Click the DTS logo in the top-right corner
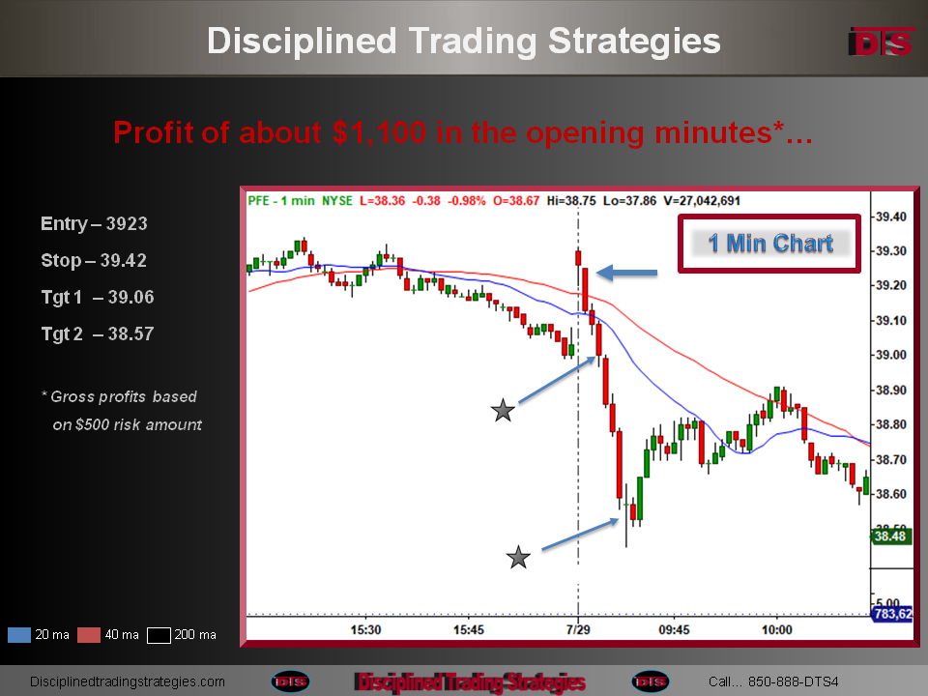coord(882,42)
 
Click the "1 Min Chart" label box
coord(770,244)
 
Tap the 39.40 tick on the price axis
coord(890,217)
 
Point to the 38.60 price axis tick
coord(890,494)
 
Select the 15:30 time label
coord(365,629)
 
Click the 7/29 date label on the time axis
coord(578,629)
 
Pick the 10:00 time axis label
coord(776,629)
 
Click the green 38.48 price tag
coord(890,536)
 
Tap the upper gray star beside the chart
coord(503,410)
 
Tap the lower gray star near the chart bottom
coord(518,557)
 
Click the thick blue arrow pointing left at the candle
coord(626,273)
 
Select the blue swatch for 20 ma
coord(19,634)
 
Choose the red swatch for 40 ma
coord(89,634)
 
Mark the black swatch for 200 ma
coord(159,634)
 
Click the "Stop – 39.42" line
coord(94,260)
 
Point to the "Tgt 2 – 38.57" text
coord(98,333)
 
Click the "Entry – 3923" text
coord(94,223)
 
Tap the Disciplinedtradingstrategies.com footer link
coord(128,681)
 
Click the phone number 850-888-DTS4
coord(793,681)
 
